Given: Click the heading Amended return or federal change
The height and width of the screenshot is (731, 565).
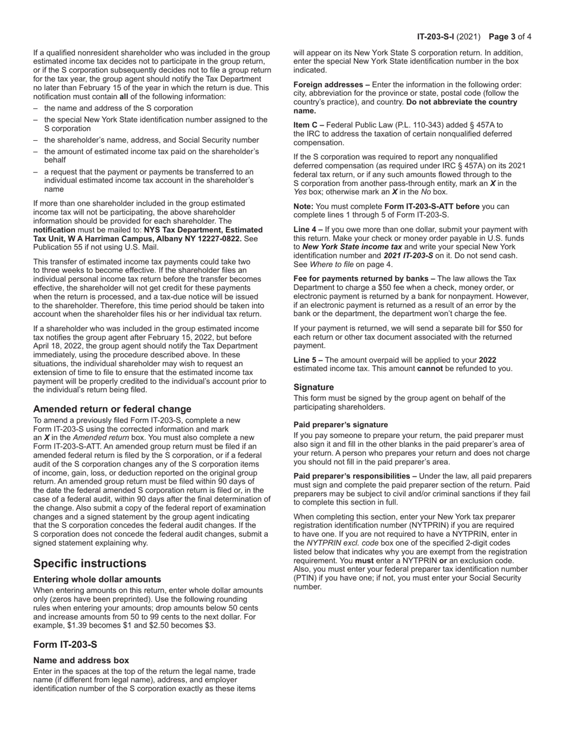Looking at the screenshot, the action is pos(112,409).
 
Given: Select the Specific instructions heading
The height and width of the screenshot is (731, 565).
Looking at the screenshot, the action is pos(90,563).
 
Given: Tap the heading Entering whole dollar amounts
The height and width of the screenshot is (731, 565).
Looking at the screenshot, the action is pos(97,579).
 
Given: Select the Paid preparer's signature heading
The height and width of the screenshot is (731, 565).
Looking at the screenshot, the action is pos(341,425).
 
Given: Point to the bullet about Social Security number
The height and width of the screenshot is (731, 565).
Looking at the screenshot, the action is pos(151,140).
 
